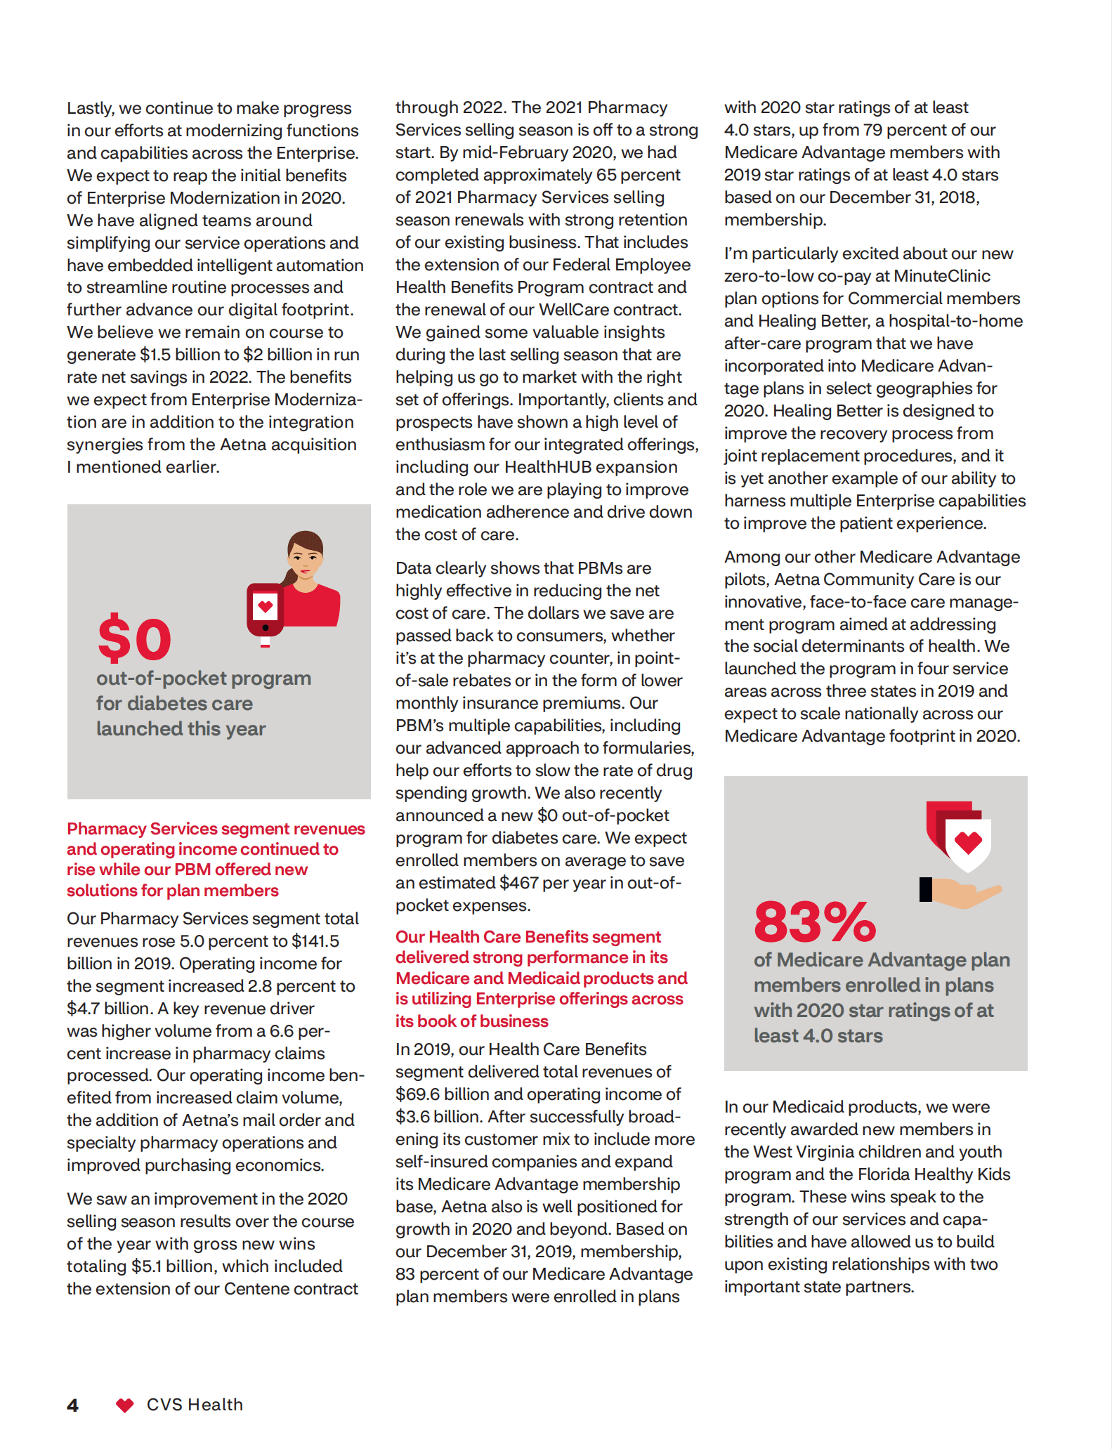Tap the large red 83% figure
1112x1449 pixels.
tap(814, 922)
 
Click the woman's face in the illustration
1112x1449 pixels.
tap(306, 556)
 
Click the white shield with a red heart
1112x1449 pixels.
tap(968, 843)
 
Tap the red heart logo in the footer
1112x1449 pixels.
tap(124, 1405)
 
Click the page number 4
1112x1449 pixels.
tap(72, 1405)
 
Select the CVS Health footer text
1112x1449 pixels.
tap(195, 1405)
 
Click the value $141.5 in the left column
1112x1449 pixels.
tap(315, 941)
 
